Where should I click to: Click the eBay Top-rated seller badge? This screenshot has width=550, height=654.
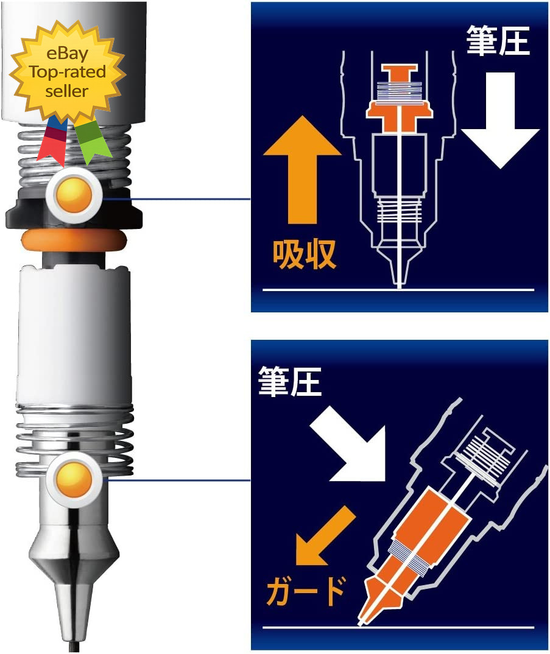click(68, 72)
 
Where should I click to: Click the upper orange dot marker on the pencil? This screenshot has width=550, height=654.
click(74, 194)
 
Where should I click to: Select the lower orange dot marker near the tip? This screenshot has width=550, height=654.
click(74, 480)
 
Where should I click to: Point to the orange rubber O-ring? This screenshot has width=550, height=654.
click(74, 241)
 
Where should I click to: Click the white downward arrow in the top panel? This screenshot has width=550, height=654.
click(500, 121)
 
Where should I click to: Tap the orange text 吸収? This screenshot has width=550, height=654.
click(305, 255)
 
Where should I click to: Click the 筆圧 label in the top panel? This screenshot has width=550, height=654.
click(498, 40)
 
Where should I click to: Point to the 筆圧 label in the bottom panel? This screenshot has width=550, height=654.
click(289, 381)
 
